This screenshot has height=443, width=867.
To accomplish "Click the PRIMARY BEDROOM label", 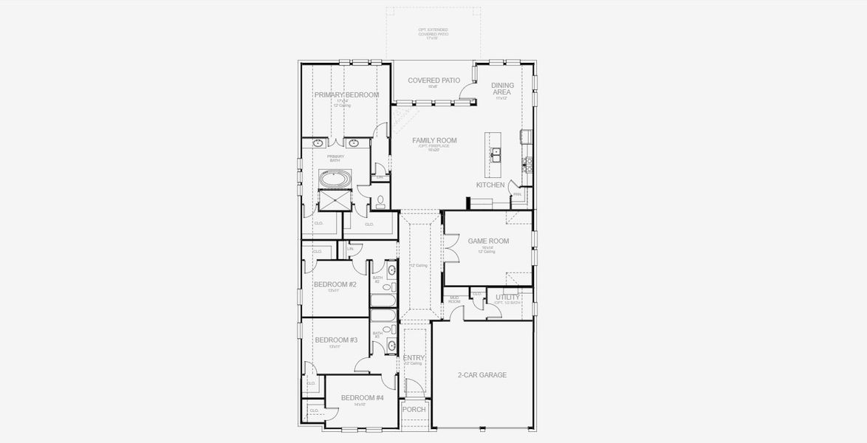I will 346,95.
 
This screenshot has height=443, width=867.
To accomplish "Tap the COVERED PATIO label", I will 433,80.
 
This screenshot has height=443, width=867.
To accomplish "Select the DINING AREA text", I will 503,89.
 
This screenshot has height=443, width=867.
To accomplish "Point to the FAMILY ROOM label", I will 434,140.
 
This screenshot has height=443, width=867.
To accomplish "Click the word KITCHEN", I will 490,185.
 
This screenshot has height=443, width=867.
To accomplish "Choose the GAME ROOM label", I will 488,241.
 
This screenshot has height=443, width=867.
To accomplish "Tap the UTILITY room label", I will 508,298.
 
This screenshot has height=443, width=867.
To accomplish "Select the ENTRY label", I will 414,358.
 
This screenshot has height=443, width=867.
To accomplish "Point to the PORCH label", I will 414,409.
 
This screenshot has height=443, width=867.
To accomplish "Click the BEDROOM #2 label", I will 335,284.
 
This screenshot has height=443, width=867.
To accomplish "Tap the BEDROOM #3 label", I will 336,340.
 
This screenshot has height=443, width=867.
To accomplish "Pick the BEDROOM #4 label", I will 362,398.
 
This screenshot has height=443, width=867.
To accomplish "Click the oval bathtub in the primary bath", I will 335,179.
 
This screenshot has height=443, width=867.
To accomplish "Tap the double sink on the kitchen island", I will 496,154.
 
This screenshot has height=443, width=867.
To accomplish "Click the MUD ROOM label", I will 455,300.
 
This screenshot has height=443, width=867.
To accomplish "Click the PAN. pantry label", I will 518,194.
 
